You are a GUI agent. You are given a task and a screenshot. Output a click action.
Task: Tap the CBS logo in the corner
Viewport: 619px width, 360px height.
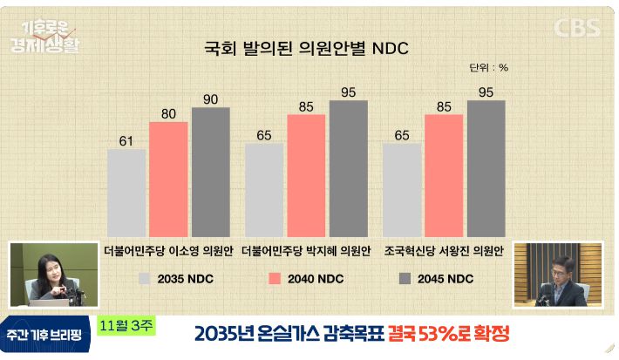(x=578, y=27)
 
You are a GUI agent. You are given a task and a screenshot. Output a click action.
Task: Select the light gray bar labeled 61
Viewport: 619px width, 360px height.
(x=126, y=192)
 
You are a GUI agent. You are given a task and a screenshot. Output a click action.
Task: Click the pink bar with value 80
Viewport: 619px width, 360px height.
(x=168, y=179)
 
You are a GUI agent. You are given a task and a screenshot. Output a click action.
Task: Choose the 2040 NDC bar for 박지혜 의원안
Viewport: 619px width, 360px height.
(x=306, y=174)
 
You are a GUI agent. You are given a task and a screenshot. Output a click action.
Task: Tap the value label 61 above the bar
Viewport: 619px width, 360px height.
(x=126, y=140)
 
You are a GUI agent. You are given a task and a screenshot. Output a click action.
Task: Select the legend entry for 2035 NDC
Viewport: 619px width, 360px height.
(x=175, y=279)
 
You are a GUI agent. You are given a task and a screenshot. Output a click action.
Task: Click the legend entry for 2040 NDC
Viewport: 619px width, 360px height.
(x=301, y=279)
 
